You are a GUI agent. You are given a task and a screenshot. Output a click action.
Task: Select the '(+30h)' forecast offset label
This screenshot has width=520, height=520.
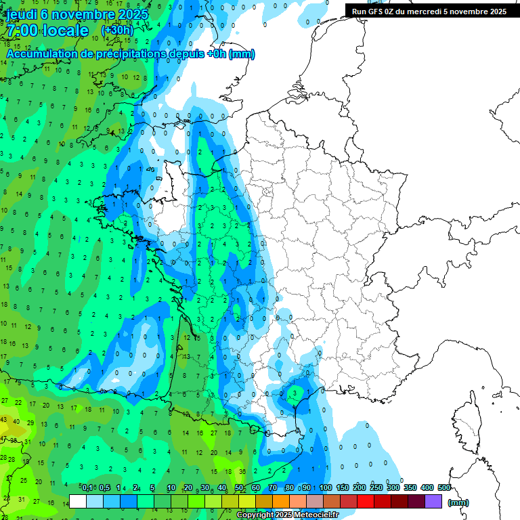coord(117,30)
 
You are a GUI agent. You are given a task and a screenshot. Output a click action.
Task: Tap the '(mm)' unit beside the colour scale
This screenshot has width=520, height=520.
coord(458,502)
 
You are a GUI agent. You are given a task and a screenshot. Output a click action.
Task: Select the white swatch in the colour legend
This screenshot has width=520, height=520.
coord(78,502)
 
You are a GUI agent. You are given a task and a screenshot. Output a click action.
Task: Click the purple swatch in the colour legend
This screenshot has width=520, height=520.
coord(433,502)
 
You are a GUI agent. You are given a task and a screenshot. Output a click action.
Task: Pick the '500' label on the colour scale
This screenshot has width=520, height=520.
coord(444,487)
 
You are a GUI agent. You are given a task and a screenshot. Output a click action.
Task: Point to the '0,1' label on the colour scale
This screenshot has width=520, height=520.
coord(87,487)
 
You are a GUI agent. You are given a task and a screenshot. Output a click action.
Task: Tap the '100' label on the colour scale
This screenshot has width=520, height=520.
coord(326,487)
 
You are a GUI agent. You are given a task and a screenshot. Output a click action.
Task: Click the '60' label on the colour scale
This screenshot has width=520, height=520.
coord(256,487)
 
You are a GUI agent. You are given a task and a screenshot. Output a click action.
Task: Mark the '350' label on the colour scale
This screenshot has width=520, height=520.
coord(410,487)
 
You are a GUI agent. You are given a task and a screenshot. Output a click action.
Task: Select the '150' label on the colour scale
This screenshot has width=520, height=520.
coord(343,487)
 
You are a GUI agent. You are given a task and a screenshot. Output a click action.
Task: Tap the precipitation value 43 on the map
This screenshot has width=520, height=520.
coord(4,420)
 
